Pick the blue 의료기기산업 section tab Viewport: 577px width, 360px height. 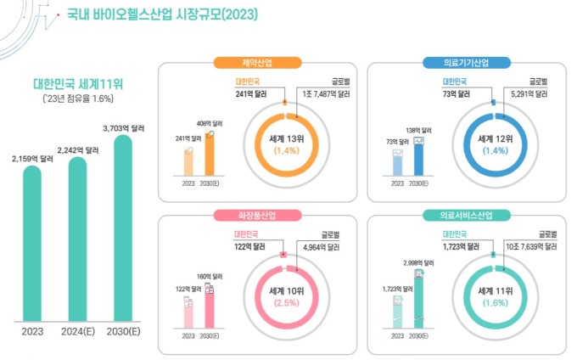(x=465, y=62)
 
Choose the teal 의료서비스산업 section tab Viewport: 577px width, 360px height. (x=465, y=215)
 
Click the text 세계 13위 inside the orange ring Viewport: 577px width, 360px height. (x=286, y=138)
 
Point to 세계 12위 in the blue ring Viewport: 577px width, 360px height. (x=493, y=138)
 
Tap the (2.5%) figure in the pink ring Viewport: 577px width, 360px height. (x=286, y=302)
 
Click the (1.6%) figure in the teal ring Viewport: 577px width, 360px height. (x=493, y=302)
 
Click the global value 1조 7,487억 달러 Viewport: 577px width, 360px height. (x=325, y=94)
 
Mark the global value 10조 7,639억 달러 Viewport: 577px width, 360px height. (x=532, y=247)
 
